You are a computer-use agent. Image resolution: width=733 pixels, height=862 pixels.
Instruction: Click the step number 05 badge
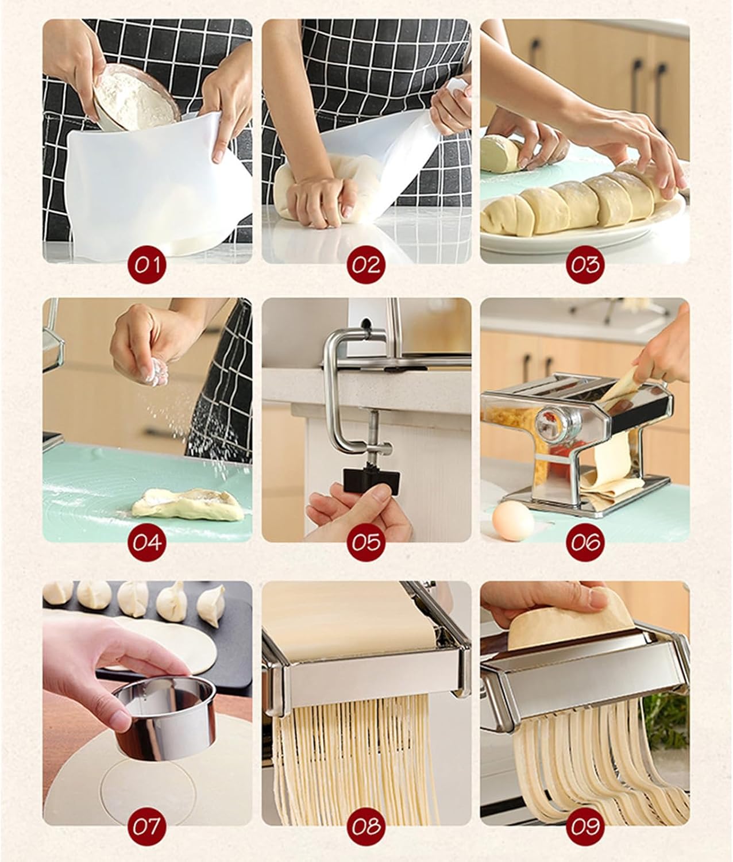[366, 542]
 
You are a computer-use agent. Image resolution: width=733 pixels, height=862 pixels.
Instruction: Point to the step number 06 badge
[585, 542]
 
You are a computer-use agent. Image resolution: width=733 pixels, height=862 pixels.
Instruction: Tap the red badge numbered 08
[366, 826]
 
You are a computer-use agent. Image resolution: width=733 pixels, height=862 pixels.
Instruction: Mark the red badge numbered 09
[585, 826]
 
